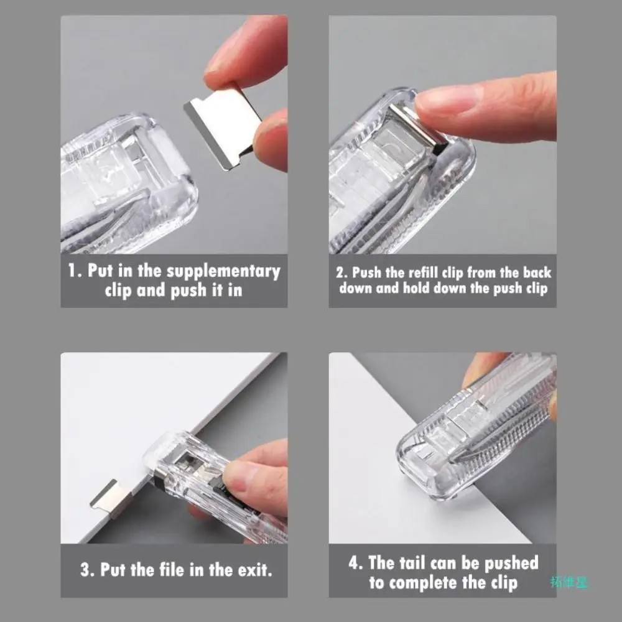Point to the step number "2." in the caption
342,272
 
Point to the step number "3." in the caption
87,569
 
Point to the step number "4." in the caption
356,564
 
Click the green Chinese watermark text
569,582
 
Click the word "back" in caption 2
536,272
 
